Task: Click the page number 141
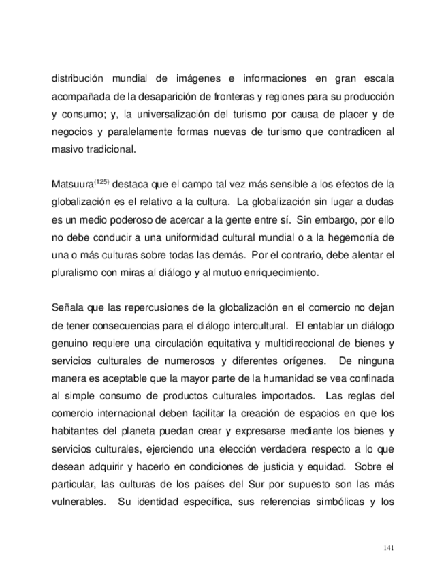click(389, 547)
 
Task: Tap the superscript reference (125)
click(101, 182)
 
